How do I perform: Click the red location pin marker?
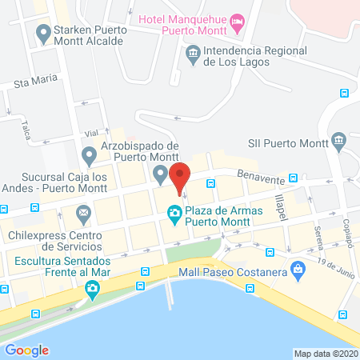[x=181, y=178]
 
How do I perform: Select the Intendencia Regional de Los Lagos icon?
[x=193, y=55]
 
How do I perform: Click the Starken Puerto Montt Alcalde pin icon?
[x=43, y=33]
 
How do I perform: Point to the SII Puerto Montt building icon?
[x=338, y=142]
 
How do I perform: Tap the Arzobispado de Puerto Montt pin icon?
[x=161, y=174]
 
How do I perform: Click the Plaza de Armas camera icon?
[x=173, y=212]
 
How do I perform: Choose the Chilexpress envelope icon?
[x=82, y=213]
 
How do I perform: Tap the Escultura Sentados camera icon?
[x=93, y=288]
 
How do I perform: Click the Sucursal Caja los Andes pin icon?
[x=89, y=154]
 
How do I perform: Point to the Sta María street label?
[x=35, y=84]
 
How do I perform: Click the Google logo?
[x=26, y=350]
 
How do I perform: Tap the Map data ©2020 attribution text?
[x=326, y=354]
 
